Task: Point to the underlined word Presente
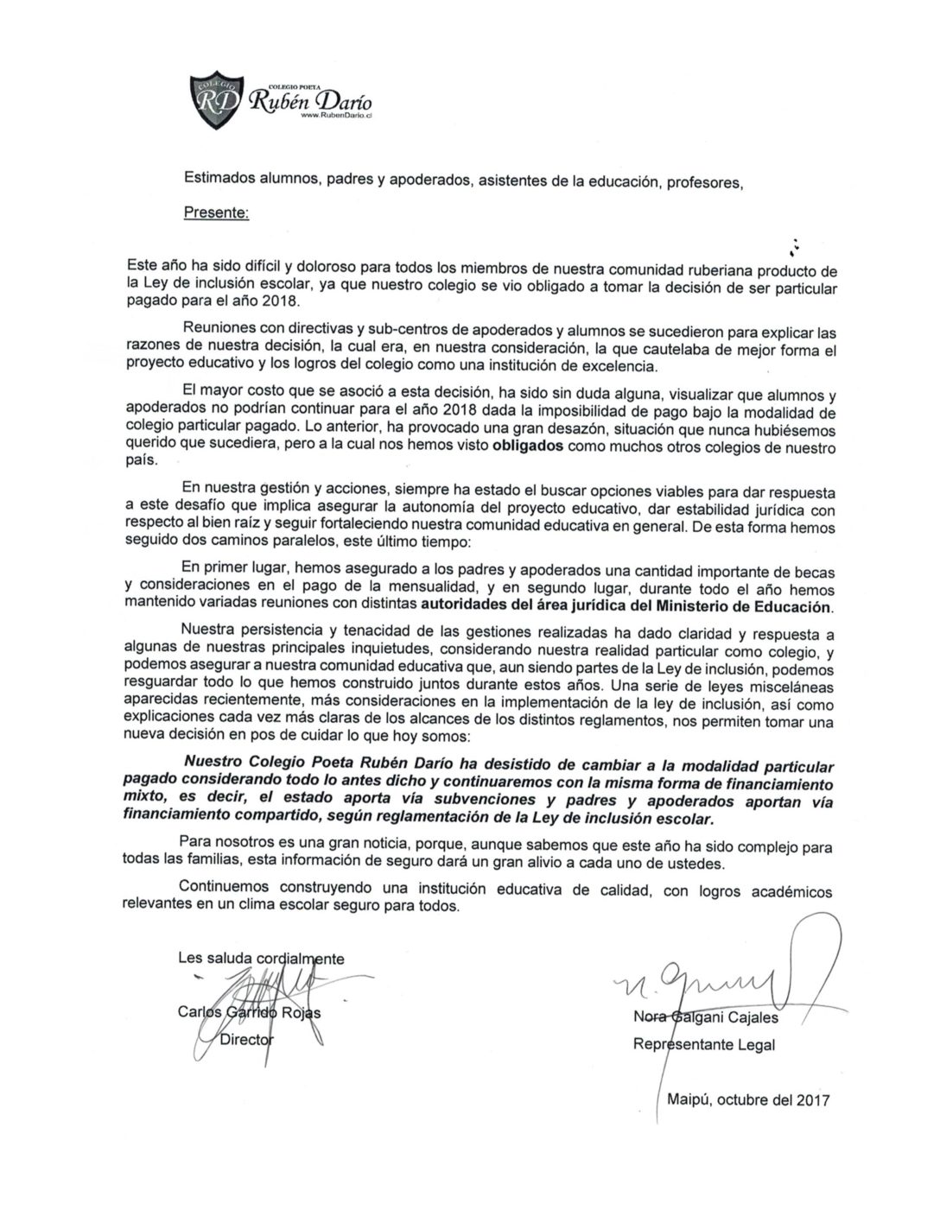[216, 212]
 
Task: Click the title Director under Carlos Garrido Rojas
[245, 1039]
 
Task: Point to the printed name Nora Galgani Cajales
[705, 1017]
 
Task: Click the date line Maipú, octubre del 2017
[748, 1100]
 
